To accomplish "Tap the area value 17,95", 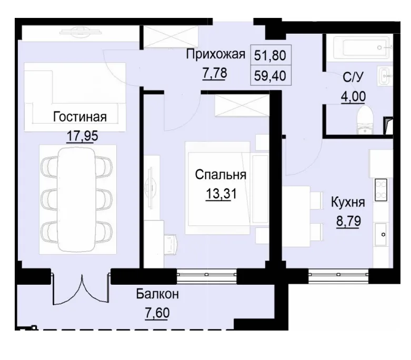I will [83, 136].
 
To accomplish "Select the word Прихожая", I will [216, 54].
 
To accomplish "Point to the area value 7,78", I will [214, 73].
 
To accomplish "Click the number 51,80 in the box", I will [273, 55].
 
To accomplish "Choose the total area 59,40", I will [273, 75].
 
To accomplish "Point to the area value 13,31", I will [221, 194].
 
